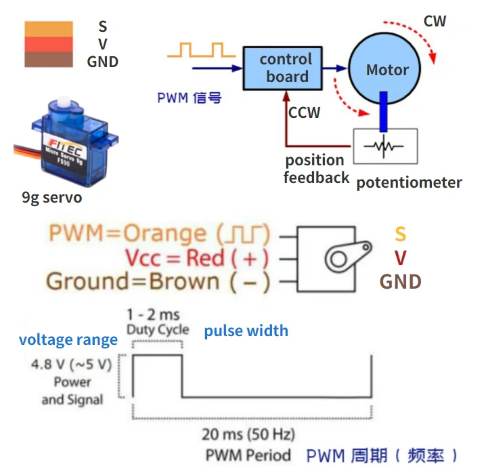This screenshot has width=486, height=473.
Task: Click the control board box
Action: click(286, 68)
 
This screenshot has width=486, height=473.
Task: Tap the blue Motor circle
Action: click(387, 69)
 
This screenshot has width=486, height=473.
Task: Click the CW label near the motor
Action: click(435, 21)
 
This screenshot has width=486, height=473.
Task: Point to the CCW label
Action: click(304, 112)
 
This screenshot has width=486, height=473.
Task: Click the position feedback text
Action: click(315, 169)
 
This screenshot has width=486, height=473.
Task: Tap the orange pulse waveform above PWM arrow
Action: click(202, 49)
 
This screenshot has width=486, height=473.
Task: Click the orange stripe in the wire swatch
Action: click(49, 28)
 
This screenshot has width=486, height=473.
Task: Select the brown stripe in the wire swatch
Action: click(49, 60)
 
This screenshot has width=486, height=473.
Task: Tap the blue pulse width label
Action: click(246, 331)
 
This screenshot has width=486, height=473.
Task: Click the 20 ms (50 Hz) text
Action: click(248, 434)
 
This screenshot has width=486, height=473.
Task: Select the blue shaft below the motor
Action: click(384, 112)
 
